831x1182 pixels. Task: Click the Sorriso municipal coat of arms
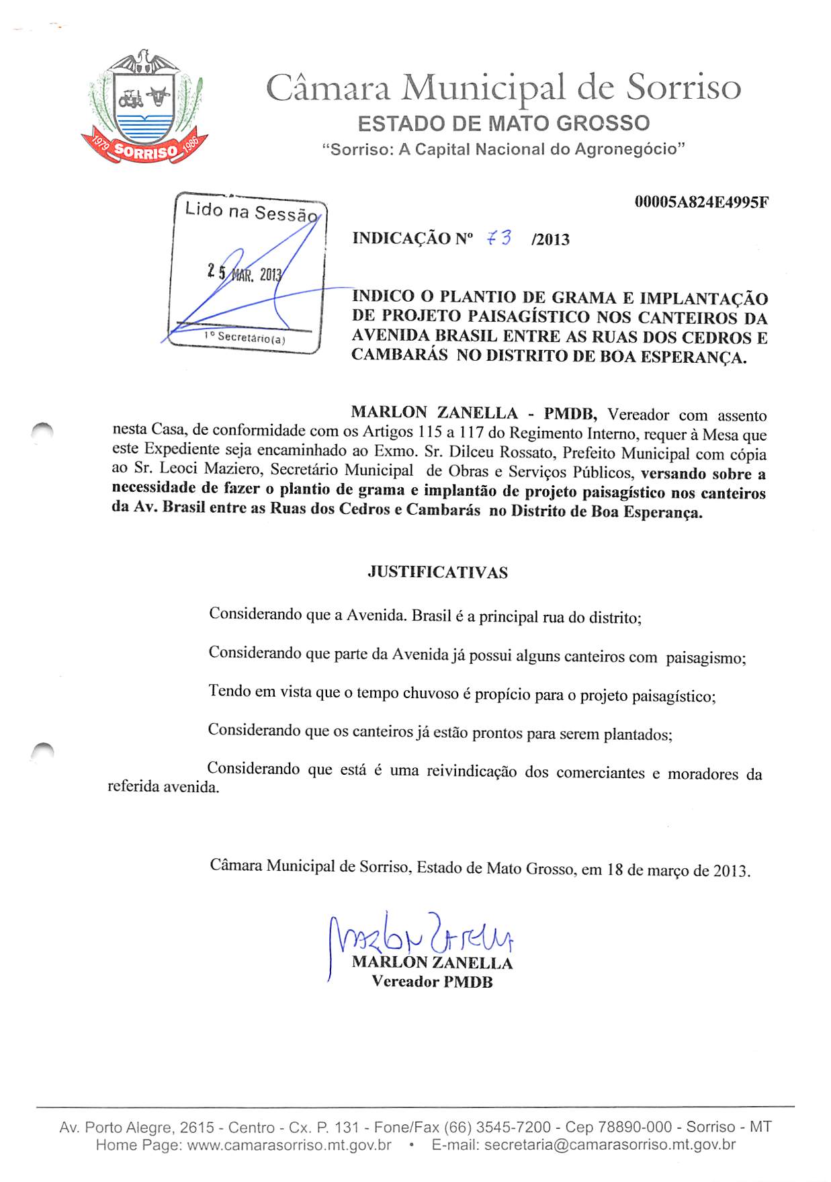(x=144, y=110)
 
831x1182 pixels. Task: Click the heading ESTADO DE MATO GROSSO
(x=504, y=124)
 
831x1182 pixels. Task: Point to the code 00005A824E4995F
(x=701, y=202)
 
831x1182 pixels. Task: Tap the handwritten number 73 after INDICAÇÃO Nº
(x=498, y=238)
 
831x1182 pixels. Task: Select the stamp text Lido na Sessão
(x=251, y=212)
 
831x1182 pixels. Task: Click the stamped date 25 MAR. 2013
(x=245, y=273)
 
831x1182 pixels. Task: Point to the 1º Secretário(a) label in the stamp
(x=245, y=337)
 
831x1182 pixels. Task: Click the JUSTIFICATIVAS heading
(x=437, y=573)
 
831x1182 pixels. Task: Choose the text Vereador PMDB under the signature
(x=432, y=982)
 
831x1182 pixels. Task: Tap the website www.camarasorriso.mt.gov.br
(x=289, y=1145)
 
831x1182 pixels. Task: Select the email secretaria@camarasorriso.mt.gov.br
(x=609, y=1145)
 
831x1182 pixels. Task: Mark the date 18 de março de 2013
(x=679, y=870)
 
